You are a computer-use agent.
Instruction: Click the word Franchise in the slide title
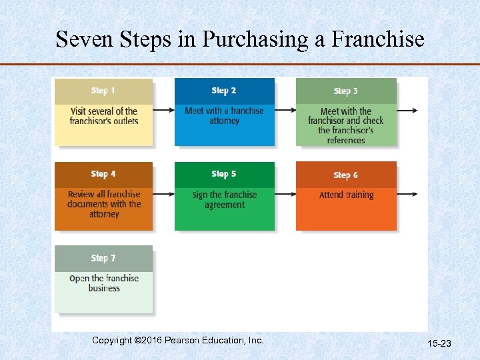tap(378, 39)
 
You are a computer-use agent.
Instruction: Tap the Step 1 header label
tap(103, 91)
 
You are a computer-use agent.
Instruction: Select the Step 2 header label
tap(224, 91)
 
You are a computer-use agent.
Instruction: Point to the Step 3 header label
tap(346, 91)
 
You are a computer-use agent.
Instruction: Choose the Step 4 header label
tap(103, 174)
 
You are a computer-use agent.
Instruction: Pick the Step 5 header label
tap(224, 174)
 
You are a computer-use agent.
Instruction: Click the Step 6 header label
tap(346, 175)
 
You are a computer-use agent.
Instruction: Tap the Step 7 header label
tap(103, 258)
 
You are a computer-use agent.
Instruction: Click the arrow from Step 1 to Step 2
tap(163, 111)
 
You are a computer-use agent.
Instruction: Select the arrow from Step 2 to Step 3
tap(285, 111)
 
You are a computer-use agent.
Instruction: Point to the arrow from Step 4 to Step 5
tap(163, 194)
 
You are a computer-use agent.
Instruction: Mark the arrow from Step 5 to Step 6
tap(285, 194)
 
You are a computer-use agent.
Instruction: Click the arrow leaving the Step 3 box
tap(407, 111)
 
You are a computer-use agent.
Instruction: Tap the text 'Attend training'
tap(346, 195)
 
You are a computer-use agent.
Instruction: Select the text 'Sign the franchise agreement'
tap(224, 199)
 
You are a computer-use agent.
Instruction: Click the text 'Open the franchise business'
tap(104, 283)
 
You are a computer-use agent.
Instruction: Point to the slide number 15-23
tap(439, 343)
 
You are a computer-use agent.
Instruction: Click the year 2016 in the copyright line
tap(149, 340)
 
